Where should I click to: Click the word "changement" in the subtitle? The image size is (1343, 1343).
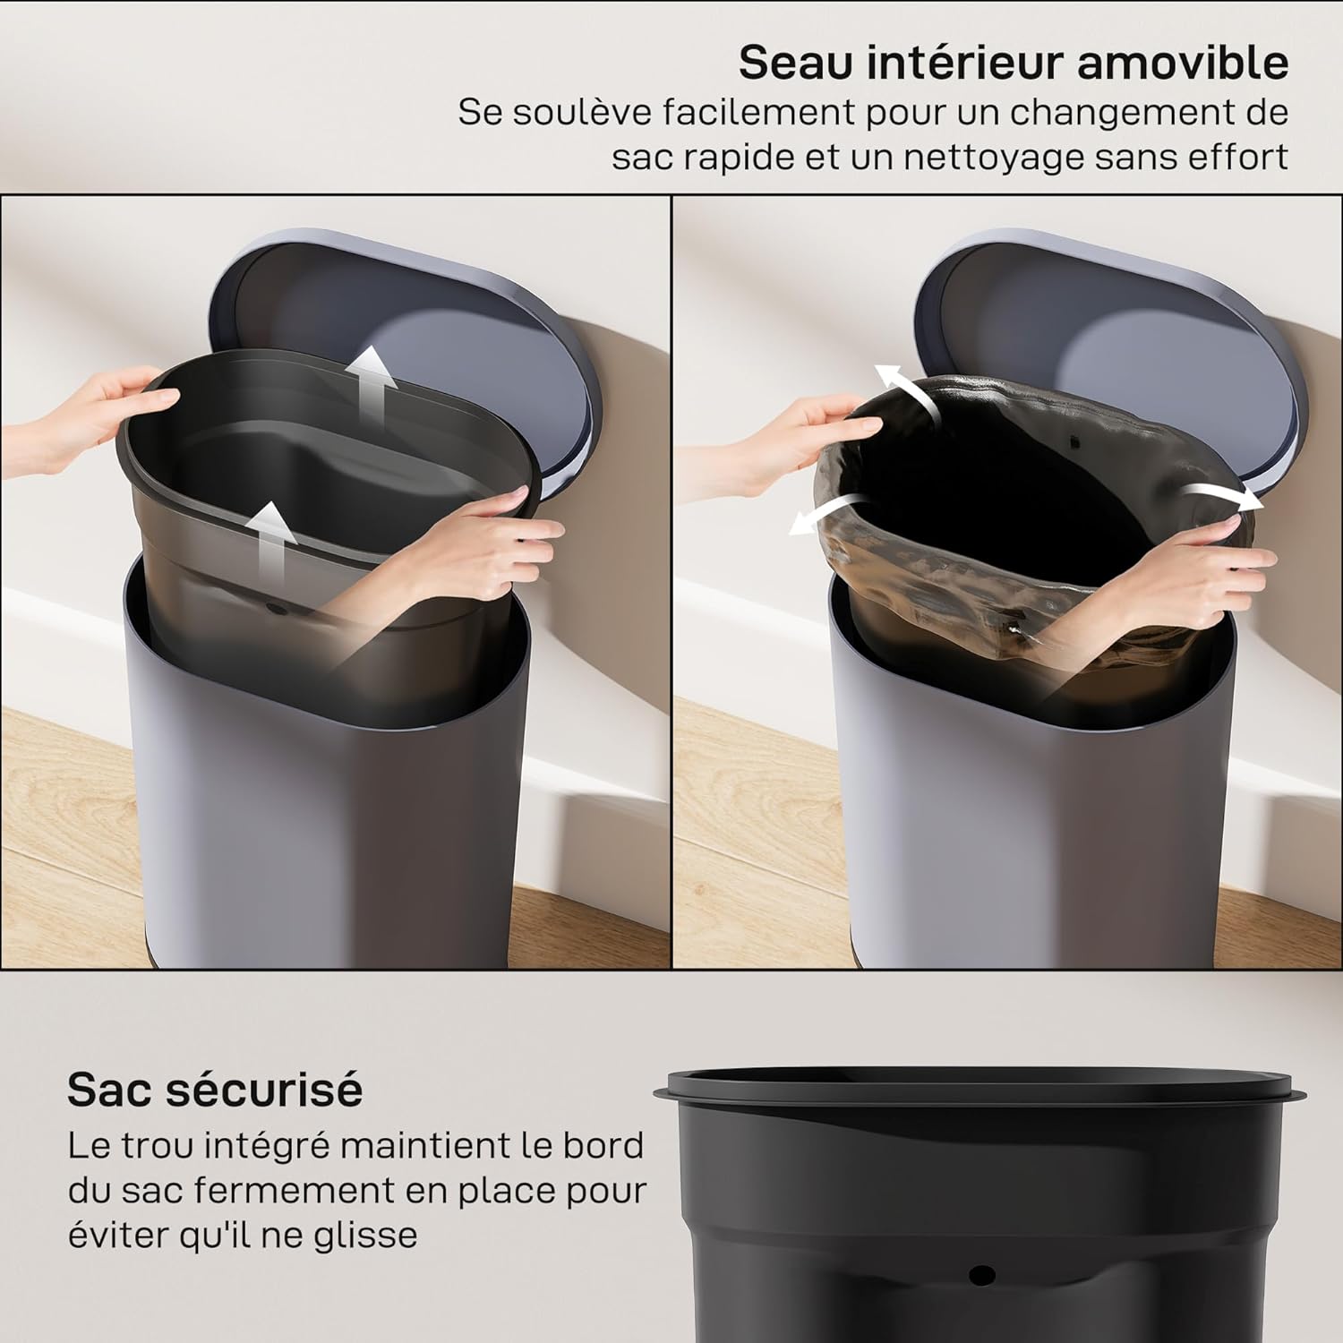point(1125,113)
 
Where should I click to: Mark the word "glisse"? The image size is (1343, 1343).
point(364,1236)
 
